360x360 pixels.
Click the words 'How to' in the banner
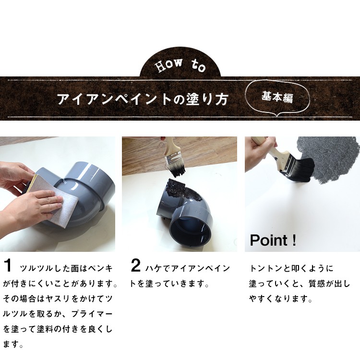tap(180, 65)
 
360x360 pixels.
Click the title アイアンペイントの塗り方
tap(143, 99)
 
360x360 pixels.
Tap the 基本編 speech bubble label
tap(277, 97)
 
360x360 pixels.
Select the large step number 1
tap(8, 265)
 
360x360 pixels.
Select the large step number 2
tap(135, 265)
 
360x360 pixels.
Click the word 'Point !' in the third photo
tap(273, 240)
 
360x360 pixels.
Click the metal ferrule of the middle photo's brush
tap(175, 159)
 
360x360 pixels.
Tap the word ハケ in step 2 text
tap(153, 269)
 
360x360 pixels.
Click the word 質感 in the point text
tap(317, 284)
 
